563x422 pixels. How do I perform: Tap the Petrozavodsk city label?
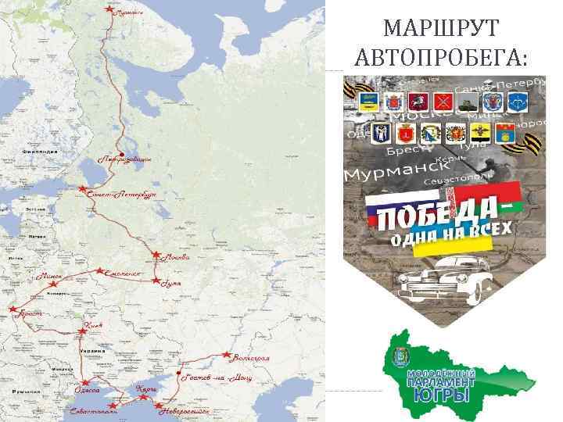[125, 159]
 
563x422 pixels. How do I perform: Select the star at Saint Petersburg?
[82, 189]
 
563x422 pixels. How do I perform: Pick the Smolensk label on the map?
[124, 274]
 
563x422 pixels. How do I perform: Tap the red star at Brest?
[13, 309]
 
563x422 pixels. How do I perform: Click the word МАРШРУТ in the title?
[441, 30]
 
